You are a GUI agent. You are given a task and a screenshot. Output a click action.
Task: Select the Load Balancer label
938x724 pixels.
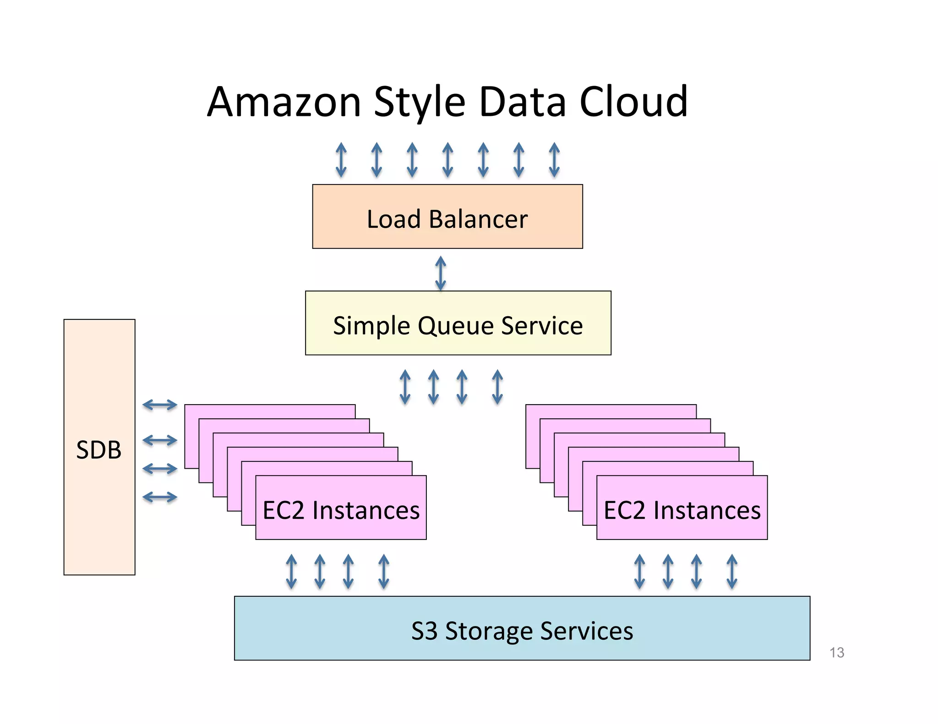click(447, 219)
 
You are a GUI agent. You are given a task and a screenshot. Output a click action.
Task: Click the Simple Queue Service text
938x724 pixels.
click(458, 326)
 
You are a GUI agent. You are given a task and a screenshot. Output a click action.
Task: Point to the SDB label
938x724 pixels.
click(99, 450)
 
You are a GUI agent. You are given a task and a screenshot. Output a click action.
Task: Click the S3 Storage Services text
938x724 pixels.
click(522, 631)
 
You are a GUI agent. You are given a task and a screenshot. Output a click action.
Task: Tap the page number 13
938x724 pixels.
click(836, 652)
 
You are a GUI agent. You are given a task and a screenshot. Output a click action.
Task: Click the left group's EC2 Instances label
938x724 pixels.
click(341, 510)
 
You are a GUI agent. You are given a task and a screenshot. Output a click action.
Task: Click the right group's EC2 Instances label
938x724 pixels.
click(682, 510)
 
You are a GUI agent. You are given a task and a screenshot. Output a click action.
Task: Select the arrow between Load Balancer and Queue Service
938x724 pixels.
click(441, 273)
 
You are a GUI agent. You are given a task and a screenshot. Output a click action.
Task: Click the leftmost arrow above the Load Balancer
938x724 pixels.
click(341, 160)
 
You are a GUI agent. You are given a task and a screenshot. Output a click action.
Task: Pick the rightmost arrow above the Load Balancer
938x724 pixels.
click(554, 160)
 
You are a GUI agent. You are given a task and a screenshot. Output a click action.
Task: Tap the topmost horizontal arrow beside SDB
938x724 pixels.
click(160, 405)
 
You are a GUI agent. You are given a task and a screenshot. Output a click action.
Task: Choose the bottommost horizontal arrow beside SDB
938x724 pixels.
click(160, 497)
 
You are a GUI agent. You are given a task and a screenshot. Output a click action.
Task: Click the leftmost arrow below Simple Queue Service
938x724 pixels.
click(405, 387)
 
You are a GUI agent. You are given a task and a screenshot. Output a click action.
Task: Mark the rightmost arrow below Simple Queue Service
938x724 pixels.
click(497, 387)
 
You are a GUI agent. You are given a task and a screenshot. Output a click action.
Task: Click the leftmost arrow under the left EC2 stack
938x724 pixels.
click(291, 571)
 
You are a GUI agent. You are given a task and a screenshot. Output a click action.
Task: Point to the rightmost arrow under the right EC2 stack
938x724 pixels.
click(732, 571)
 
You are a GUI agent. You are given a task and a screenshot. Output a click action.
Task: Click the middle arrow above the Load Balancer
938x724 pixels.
click(447, 160)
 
